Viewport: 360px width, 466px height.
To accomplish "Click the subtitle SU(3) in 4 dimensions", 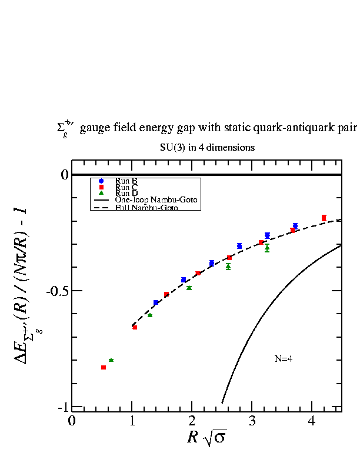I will click(207, 147).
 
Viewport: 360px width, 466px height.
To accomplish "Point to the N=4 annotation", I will click(284, 358).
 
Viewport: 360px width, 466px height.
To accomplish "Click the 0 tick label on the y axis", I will click(65, 175).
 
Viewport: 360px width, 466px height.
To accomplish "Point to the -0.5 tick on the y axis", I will click(59, 291).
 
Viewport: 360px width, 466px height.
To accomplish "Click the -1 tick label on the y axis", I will click(63, 408).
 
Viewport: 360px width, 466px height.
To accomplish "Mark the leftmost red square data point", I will click(104, 367).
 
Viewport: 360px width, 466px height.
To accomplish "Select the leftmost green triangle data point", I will click(111, 360).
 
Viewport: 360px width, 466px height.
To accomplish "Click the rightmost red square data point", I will click(324, 218).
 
